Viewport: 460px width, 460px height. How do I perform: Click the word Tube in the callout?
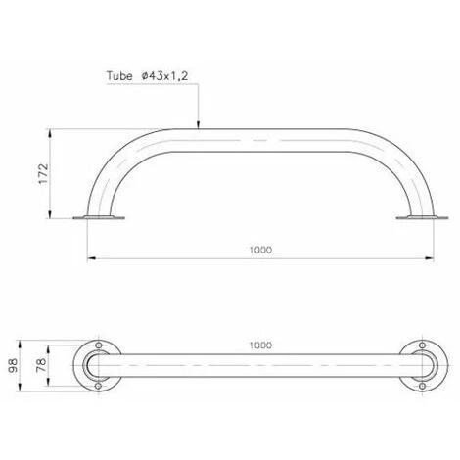[x=119, y=76]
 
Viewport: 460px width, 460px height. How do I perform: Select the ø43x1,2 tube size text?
[x=165, y=76]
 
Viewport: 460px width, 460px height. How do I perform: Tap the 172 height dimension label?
[x=44, y=174]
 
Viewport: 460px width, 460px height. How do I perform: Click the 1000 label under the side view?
[x=260, y=250]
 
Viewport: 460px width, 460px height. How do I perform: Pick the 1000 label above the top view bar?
[x=260, y=345]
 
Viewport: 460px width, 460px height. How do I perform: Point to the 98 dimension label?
[x=14, y=365]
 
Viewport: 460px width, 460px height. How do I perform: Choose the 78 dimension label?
[x=41, y=365]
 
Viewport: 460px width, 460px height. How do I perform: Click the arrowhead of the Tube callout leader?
[x=198, y=125]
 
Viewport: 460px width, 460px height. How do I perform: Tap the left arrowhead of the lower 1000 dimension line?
[x=91, y=258]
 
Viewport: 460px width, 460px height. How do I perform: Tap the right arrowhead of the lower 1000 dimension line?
[x=430, y=258]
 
